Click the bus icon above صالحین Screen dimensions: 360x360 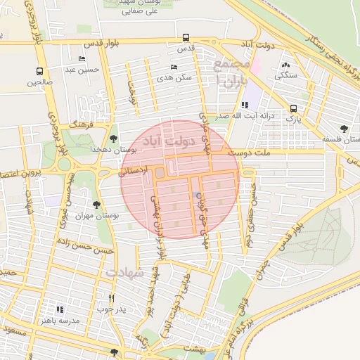[39, 71]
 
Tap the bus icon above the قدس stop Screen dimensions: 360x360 [186, 37]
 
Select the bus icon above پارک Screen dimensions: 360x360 [293, 108]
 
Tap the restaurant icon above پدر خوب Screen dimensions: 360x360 [111, 297]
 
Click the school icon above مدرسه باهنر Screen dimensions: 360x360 [59, 309]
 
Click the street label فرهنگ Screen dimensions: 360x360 [82, 123]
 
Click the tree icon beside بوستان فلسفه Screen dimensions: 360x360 [343, 129]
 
